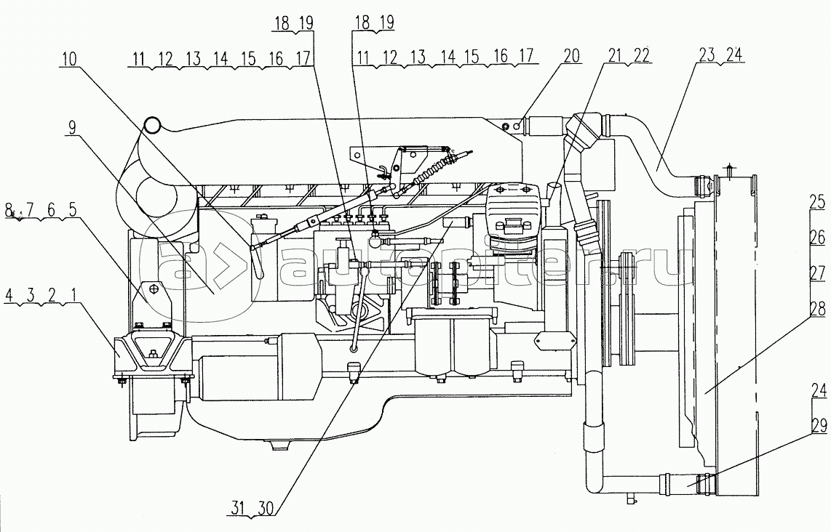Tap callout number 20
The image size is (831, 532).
[x=572, y=55]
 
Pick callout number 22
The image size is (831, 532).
[x=641, y=55]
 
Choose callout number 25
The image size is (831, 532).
[x=819, y=200]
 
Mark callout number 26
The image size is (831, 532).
[x=819, y=237]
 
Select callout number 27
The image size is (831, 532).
[x=819, y=273]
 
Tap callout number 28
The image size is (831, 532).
[x=819, y=310]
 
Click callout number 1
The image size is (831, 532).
[x=67, y=297]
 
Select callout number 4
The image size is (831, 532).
[x=9, y=297]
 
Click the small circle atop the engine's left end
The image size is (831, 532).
[x=152, y=126]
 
